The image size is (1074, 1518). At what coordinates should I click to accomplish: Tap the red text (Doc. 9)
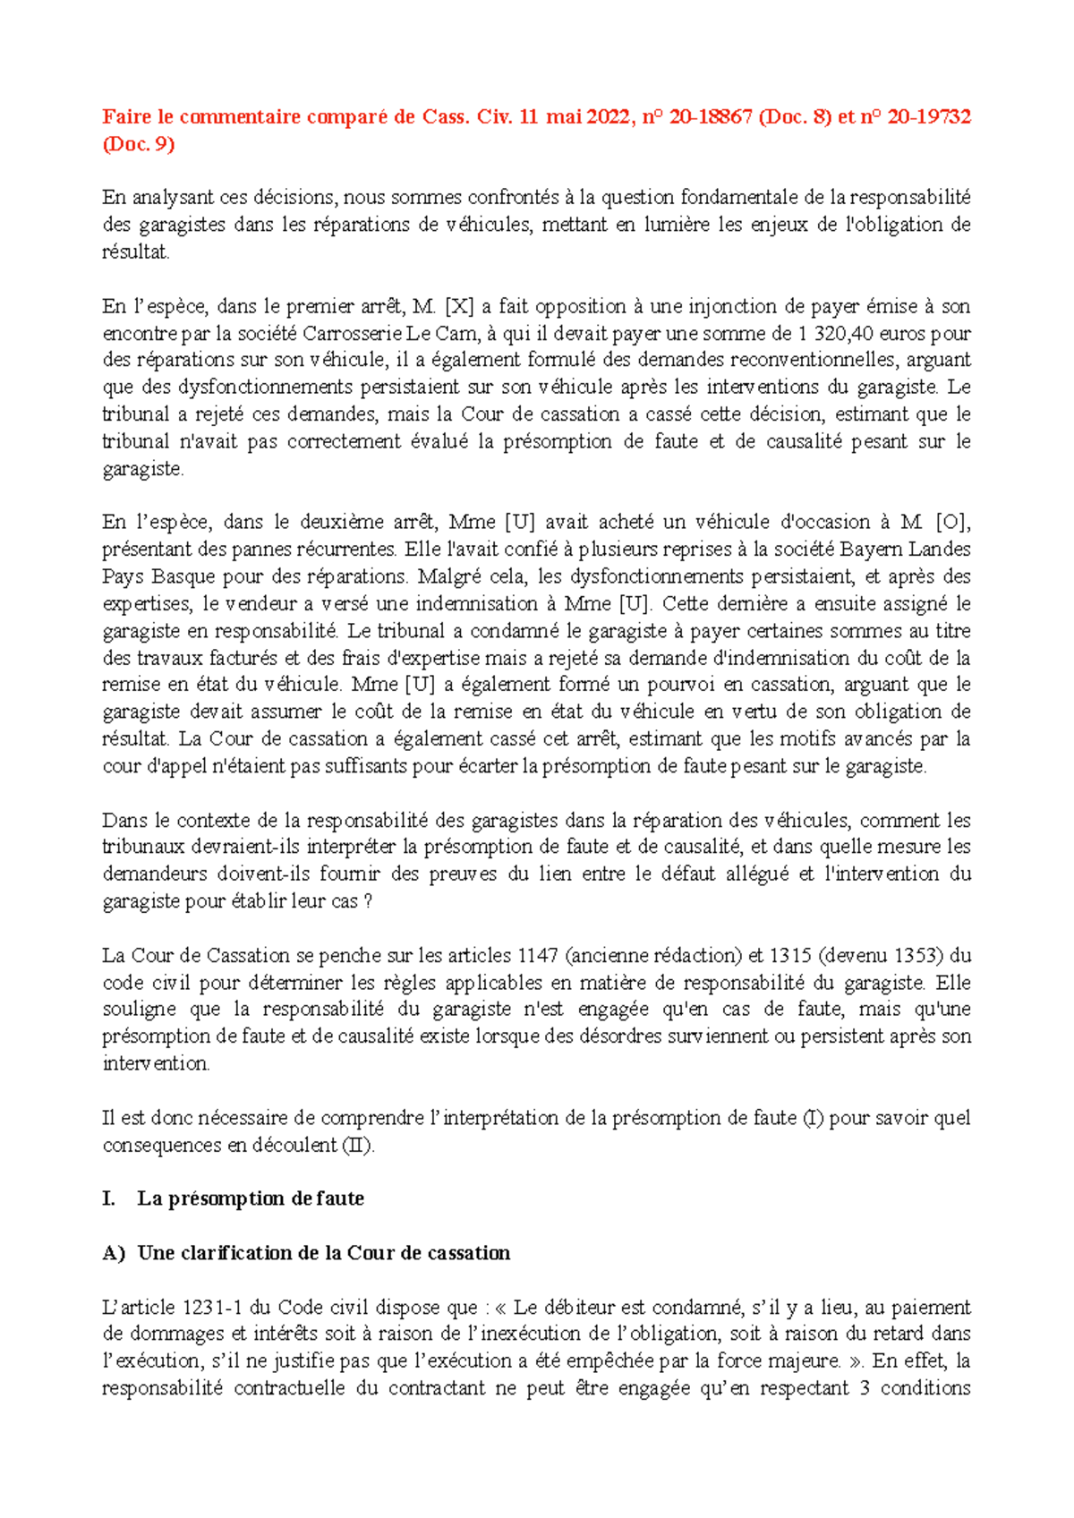click(x=139, y=144)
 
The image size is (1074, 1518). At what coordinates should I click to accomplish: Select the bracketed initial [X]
click(x=459, y=306)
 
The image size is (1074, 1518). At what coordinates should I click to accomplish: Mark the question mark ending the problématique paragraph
click(x=368, y=901)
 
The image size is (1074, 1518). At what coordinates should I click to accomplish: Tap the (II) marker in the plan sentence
click(x=358, y=1145)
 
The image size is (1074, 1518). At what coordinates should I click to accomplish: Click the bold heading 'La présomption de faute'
click(x=251, y=1198)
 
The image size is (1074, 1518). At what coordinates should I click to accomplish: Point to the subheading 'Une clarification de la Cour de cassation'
click(x=323, y=1253)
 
